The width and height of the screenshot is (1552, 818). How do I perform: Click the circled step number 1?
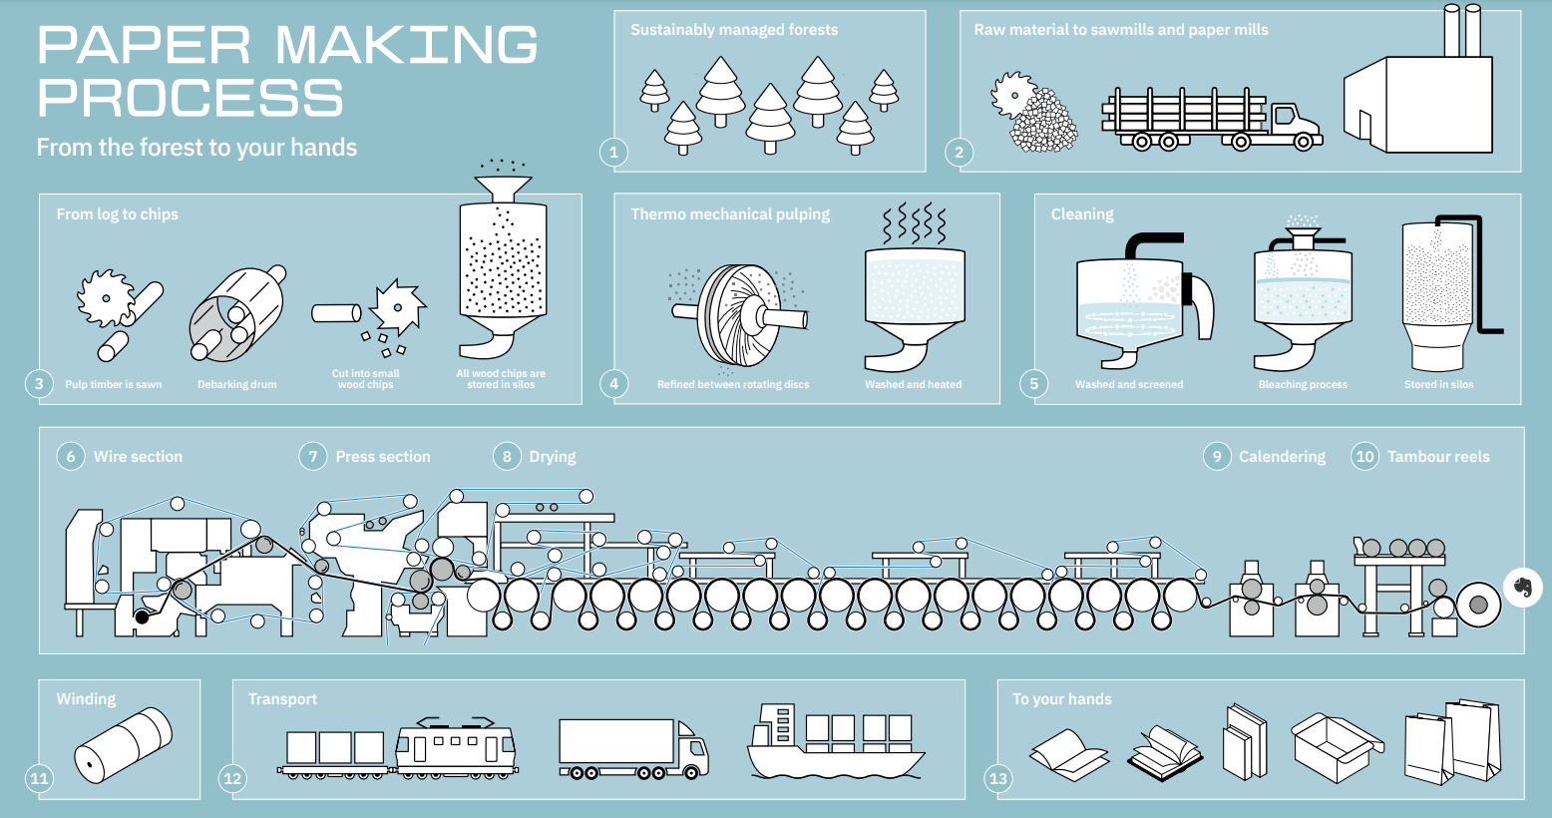(x=614, y=153)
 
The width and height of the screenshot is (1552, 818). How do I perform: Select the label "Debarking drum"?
(x=237, y=384)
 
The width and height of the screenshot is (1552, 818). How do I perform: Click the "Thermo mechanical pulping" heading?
(x=730, y=214)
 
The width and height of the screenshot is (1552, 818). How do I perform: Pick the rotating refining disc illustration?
(x=738, y=314)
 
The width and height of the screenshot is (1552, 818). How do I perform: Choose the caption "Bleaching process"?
(x=1303, y=384)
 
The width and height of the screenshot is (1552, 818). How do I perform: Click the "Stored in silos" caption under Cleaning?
(x=1438, y=384)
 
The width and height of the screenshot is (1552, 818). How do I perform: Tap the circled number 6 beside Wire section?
(x=71, y=457)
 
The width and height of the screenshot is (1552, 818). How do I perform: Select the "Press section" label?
(x=383, y=457)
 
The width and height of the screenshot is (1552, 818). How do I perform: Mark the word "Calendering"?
(x=1282, y=457)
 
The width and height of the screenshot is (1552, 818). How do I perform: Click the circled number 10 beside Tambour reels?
(x=1364, y=457)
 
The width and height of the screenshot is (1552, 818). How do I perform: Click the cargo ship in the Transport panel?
(x=835, y=744)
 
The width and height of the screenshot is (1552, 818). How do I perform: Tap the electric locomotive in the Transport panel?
(x=456, y=747)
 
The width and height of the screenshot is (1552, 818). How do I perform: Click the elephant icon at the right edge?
(x=1522, y=587)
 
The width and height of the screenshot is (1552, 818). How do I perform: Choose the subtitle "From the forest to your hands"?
(x=196, y=148)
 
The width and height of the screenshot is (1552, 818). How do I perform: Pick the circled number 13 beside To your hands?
(x=998, y=779)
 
